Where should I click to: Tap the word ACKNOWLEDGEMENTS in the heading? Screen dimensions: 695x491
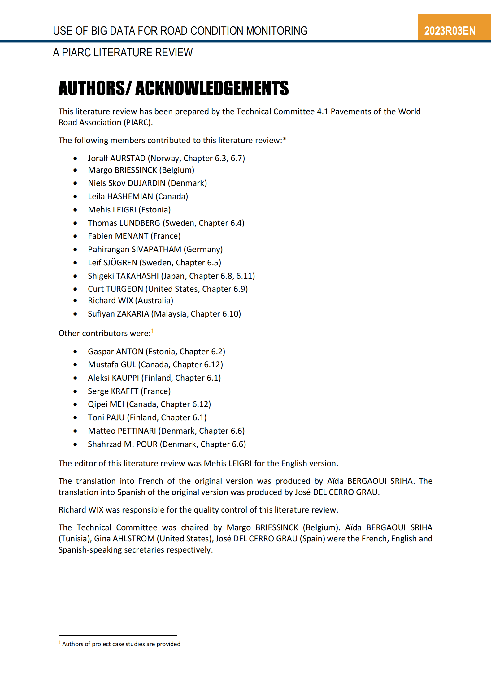click(212, 88)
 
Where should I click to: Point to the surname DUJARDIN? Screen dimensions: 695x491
click(146, 183)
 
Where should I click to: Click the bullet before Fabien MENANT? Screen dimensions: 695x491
click(75, 236)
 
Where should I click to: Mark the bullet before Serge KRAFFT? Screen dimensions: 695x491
click(75, 391)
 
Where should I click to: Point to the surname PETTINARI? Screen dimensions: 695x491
click(137, 431)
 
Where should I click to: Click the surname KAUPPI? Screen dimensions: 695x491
click(126, 378)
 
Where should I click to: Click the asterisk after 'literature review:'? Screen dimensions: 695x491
click(285, 139)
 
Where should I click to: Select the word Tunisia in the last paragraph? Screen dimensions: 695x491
click(75, 539)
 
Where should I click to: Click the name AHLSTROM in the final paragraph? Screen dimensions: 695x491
click(133, 539)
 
